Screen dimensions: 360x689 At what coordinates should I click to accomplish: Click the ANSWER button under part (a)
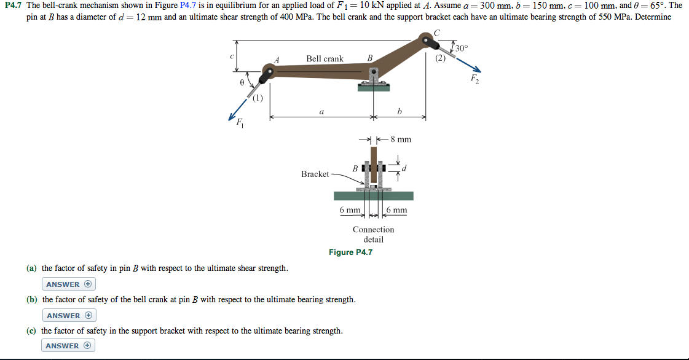coord(69,284)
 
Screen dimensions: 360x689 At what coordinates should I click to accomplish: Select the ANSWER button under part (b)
coord(69,316)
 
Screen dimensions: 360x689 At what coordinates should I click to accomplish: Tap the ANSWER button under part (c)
coord(69,346)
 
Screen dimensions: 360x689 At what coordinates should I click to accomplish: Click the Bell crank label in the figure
coord(325,59)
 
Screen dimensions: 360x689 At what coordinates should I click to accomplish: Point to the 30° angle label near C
coord(462,47)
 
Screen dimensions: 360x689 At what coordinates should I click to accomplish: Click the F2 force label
coord(474,79)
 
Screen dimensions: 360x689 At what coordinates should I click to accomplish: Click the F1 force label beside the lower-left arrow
coord(240,122)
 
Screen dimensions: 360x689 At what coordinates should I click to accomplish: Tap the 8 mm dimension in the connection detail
coord(401,139)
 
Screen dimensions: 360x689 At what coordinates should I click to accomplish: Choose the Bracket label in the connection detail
coord(315,174)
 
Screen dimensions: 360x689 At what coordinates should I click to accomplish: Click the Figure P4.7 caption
coord(350,252)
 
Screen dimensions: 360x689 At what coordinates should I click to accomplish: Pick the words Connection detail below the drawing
coord(373,234)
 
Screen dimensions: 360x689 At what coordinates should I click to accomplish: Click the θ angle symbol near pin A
coord(242,81)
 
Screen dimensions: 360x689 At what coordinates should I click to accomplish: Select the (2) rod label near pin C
coord(440,58)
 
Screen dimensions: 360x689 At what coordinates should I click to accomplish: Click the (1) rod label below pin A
coord(258,97)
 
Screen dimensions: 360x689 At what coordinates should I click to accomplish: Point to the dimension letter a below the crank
coord(321,112)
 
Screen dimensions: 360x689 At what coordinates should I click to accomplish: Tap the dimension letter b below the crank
coord(400,112)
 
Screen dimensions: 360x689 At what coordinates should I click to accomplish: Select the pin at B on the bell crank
coord(373,74)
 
